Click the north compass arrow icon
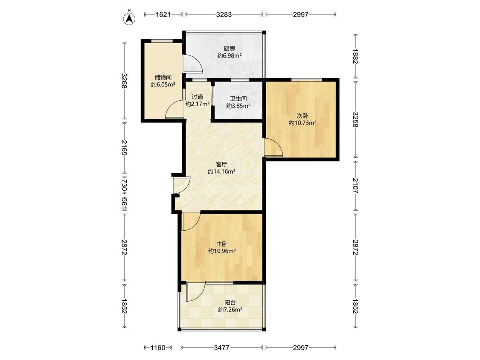pyautogui.click(x=129, y=18)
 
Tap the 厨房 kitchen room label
pyautogui.click(x=229, y=48)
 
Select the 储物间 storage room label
pyautogui.click(x=163, y=78)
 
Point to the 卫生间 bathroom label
pyautogui.click(x=238, y=99)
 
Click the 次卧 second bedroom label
pyautogui.click(x=303, y=116)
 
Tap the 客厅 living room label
pyautogui.click(x=221, y=164)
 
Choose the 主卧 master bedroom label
pyautogui.click(x=222, y=244)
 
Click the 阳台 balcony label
pyautogui.click(x=230, y=302)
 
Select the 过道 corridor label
pyautogui.click(x=198, y=97)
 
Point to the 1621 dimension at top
pyautogui.click(x=163, y=15)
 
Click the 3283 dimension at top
pyautogui.click(x=224, y=15)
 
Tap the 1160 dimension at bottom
pyautogui.click(x=158, y=348)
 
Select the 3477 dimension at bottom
pyautogui.click(x=221, y=348)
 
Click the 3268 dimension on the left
pyautogui.click(x=124, y=81)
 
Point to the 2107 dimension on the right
pyautogui.click(x=355, y=186)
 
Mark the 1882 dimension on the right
pyautogui.click(x=355, y=56)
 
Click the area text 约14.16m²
pyautogui.click(x=221, y=172)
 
